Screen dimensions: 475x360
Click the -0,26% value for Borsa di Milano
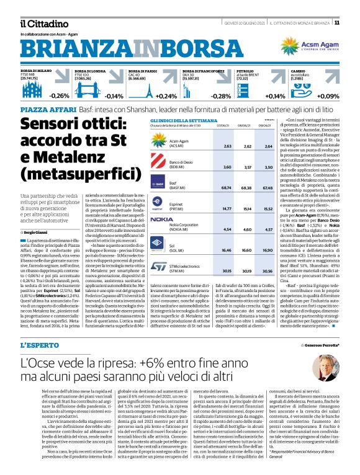coord(60,96)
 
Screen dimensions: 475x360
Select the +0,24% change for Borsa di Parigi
coord(166,96)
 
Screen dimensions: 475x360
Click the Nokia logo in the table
coord(162,219)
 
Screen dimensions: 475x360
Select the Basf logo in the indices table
coord(160,184)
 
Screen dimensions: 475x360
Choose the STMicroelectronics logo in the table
coord(160,267)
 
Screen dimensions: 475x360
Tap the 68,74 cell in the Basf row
coord(227,187)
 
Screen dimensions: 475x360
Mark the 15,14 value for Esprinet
coord(248,208)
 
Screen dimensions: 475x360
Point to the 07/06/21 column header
coord(225,125)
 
